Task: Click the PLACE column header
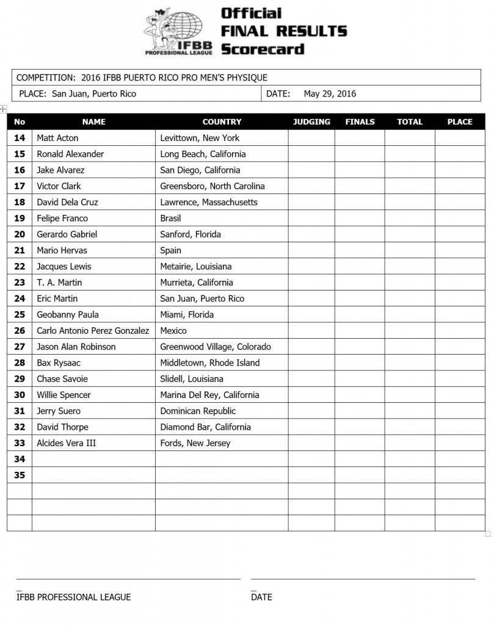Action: (x=459, y=121)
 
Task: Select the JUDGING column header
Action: (x=311, y=121)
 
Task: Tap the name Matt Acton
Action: (x=57, y=138)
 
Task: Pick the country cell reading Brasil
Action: (x=170, y=218)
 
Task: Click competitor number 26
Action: (x=20, y=330)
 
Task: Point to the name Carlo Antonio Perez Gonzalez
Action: (x=93, y=330)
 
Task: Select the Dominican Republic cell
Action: (x=198, y=411)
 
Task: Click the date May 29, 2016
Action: (x=330, y=93)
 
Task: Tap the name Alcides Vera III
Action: (x=66, y=443)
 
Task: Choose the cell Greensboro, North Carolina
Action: (x=212, y=186)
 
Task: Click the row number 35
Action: (x=20, y=475)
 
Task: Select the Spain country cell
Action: (x=170, y=250)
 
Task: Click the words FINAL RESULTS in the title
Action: (x=284, y=31)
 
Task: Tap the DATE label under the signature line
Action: (x=261, y=597)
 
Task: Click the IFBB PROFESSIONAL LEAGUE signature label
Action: (x=73, y=597)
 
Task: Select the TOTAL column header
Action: (x=410, y=121)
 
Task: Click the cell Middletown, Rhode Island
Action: (x=210, y=363)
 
